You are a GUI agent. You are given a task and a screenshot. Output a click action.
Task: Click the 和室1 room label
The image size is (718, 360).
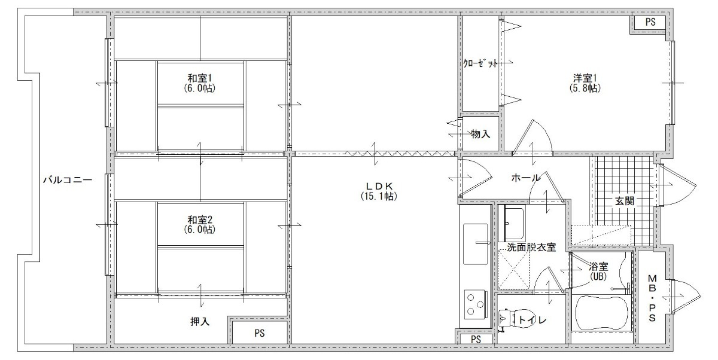click(199, 78)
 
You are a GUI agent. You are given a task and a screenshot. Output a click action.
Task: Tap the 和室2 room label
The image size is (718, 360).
click(199, 219)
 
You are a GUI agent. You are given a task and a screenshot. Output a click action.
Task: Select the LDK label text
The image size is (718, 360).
click(379, 186)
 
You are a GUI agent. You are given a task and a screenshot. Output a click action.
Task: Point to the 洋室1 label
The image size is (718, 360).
click(585, 78)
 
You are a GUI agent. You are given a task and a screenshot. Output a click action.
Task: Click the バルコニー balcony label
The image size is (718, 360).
click(68, 179)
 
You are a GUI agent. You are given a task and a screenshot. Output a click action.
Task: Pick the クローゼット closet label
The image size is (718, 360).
click(480, 63)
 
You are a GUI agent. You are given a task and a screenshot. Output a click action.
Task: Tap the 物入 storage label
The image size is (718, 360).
click(480, 134)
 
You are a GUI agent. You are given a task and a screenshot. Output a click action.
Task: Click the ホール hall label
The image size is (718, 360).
click(526, 178)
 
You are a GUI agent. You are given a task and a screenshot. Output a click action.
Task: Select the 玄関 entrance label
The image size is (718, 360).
click(625, 201)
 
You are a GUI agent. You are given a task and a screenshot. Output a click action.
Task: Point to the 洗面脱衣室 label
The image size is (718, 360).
click(531, 247)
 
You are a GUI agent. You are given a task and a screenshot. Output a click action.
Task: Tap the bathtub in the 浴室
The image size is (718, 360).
click(602, 312)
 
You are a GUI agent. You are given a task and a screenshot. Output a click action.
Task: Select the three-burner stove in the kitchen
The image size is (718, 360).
click(474, 304)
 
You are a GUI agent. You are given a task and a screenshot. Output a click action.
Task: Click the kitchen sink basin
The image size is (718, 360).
click(475, 244)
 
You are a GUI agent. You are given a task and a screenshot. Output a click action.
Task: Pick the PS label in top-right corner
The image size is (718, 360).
click(650, 22)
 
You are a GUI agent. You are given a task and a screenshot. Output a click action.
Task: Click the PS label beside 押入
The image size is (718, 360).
click(260, 334)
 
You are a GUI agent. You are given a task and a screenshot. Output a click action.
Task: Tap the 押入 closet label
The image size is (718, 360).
click(200, 321)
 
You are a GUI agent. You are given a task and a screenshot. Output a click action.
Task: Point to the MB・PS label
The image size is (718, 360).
click(652, 298)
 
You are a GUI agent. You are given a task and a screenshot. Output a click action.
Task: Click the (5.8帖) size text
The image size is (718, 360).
click(585, 88)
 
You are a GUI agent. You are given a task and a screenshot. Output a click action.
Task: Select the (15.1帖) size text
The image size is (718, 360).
click(379, 196)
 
